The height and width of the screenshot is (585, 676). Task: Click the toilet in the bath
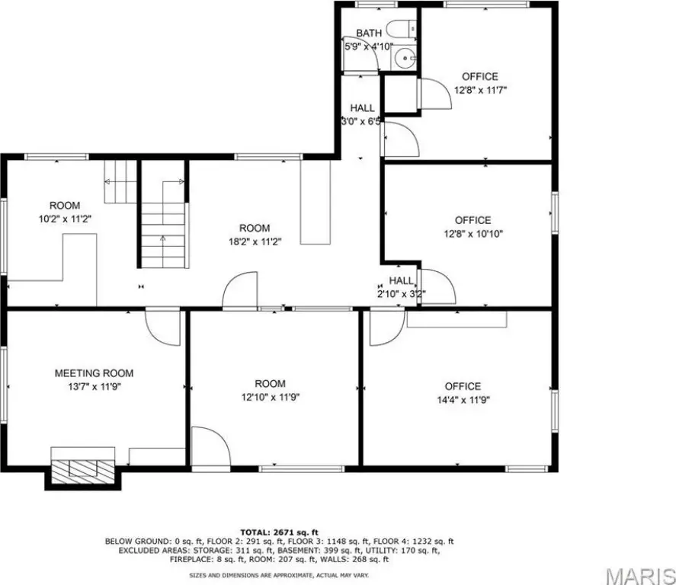point(402,29)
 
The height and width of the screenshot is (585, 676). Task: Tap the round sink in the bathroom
point(405,57)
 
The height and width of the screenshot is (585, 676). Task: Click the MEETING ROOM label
point(94,373)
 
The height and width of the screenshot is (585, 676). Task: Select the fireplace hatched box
point(83,472)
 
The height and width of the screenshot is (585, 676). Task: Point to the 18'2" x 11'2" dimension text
point(255,241)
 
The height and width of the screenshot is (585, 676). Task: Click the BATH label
point(369,33)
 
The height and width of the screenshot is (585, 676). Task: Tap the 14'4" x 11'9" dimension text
point(463,400)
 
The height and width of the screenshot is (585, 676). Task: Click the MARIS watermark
point(640,575)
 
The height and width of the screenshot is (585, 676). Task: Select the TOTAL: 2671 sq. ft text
point(279,532)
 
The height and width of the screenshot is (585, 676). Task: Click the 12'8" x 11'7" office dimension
point(480,90)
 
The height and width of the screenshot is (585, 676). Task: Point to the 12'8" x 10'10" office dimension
point(473,234)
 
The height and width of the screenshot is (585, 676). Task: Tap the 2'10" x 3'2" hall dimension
point(402,294)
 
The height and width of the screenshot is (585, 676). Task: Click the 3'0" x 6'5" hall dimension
point(361,121)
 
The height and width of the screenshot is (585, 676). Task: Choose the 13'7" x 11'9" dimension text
point(94,387)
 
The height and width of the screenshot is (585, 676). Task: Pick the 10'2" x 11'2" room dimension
point(65,219)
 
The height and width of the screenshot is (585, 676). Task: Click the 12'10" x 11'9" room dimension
point(271,397)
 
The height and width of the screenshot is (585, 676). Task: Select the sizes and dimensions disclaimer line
point(279,575)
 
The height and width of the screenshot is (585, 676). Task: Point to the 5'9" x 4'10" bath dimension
point(369,46)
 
